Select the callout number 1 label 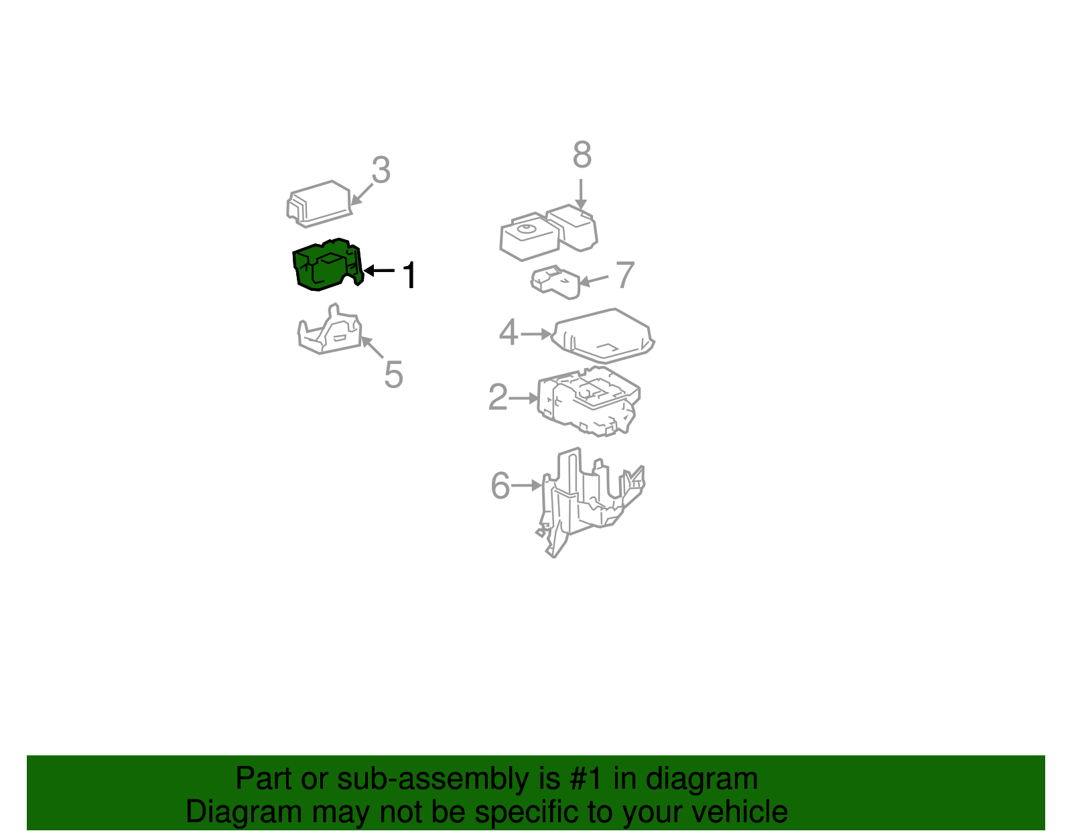(409, 275)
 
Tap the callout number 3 (381, 170)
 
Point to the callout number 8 (582, 154)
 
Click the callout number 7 (626, 275)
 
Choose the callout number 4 (508, 332)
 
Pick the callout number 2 (498, 397)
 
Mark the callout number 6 (500, 485)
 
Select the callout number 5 (394, 375)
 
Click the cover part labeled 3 (319, 204)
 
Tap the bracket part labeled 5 (330, 330)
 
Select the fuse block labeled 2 (589, 401)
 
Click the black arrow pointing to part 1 (379, 270)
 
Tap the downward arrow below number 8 (581, 194)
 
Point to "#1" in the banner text (586, 778)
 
